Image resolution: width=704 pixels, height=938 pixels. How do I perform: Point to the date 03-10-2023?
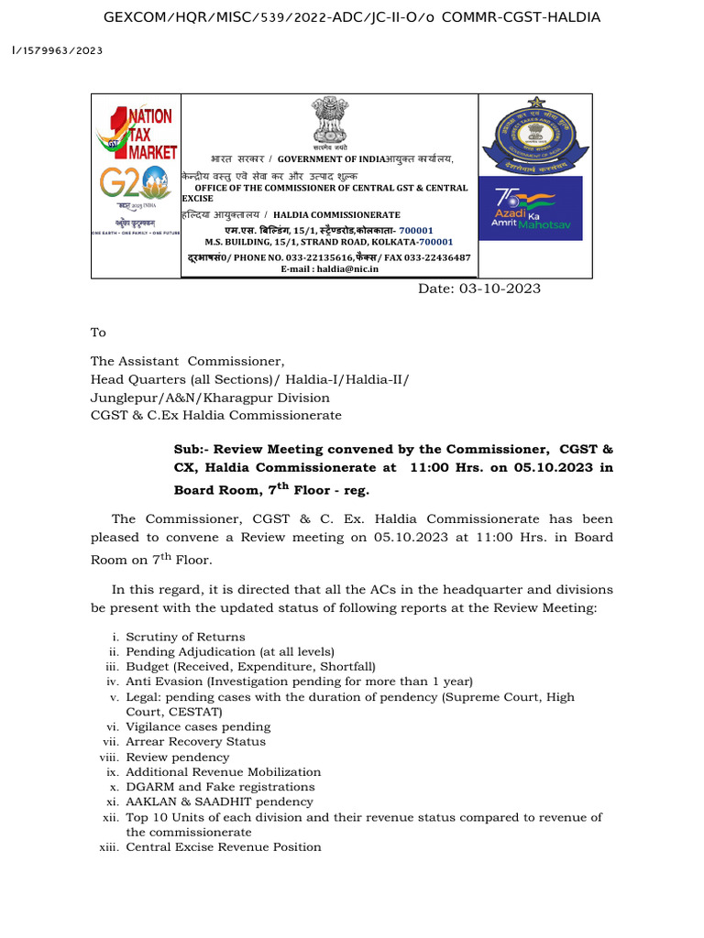coord(479,289)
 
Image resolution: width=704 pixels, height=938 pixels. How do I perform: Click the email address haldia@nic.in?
coord(329,269)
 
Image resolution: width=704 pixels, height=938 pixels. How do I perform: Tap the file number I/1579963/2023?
coord(57,50)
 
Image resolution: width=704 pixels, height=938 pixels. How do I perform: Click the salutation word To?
coord(98,333)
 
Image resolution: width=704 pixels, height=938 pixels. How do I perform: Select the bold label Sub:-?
coord(192,450)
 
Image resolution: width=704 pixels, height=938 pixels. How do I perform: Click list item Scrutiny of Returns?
coord(185,637)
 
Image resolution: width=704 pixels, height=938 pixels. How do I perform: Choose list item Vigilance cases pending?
coord(185,726)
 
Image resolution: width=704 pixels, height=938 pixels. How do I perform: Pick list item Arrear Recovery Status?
coord(195,741)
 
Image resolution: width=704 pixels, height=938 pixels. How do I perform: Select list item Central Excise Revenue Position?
coord(223,847)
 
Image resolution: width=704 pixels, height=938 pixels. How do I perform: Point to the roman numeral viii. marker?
coord(109,758)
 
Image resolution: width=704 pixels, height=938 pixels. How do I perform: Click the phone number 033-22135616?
coord(306,258)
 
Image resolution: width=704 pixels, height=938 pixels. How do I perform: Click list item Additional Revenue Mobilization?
coord(223,772)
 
